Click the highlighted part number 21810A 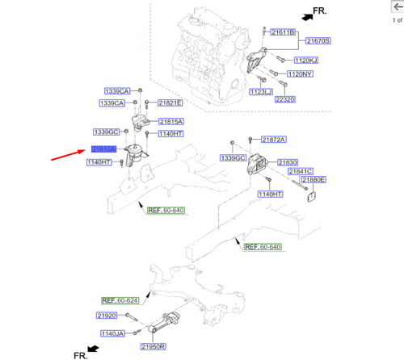coord(104,149)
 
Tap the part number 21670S coord(318,40)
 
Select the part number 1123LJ coord(263,92)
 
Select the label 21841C coord(301,171)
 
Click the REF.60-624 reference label coord(120,299)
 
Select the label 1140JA coord(112,333)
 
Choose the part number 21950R coord(153,346)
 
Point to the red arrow coord(68,153)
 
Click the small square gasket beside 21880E coord(307,194)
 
